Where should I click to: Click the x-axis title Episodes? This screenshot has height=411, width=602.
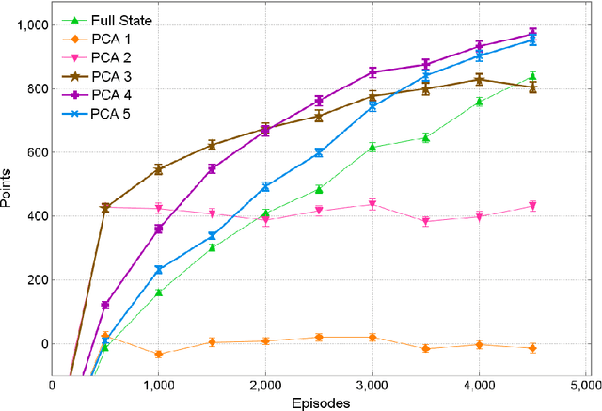[320, 403]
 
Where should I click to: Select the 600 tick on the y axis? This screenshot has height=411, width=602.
[36, 152]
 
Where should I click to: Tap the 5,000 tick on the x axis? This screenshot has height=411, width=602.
[585, 385]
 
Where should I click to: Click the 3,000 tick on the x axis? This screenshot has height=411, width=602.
[372, 385]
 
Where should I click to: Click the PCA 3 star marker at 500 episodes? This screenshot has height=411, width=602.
[105, 207]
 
